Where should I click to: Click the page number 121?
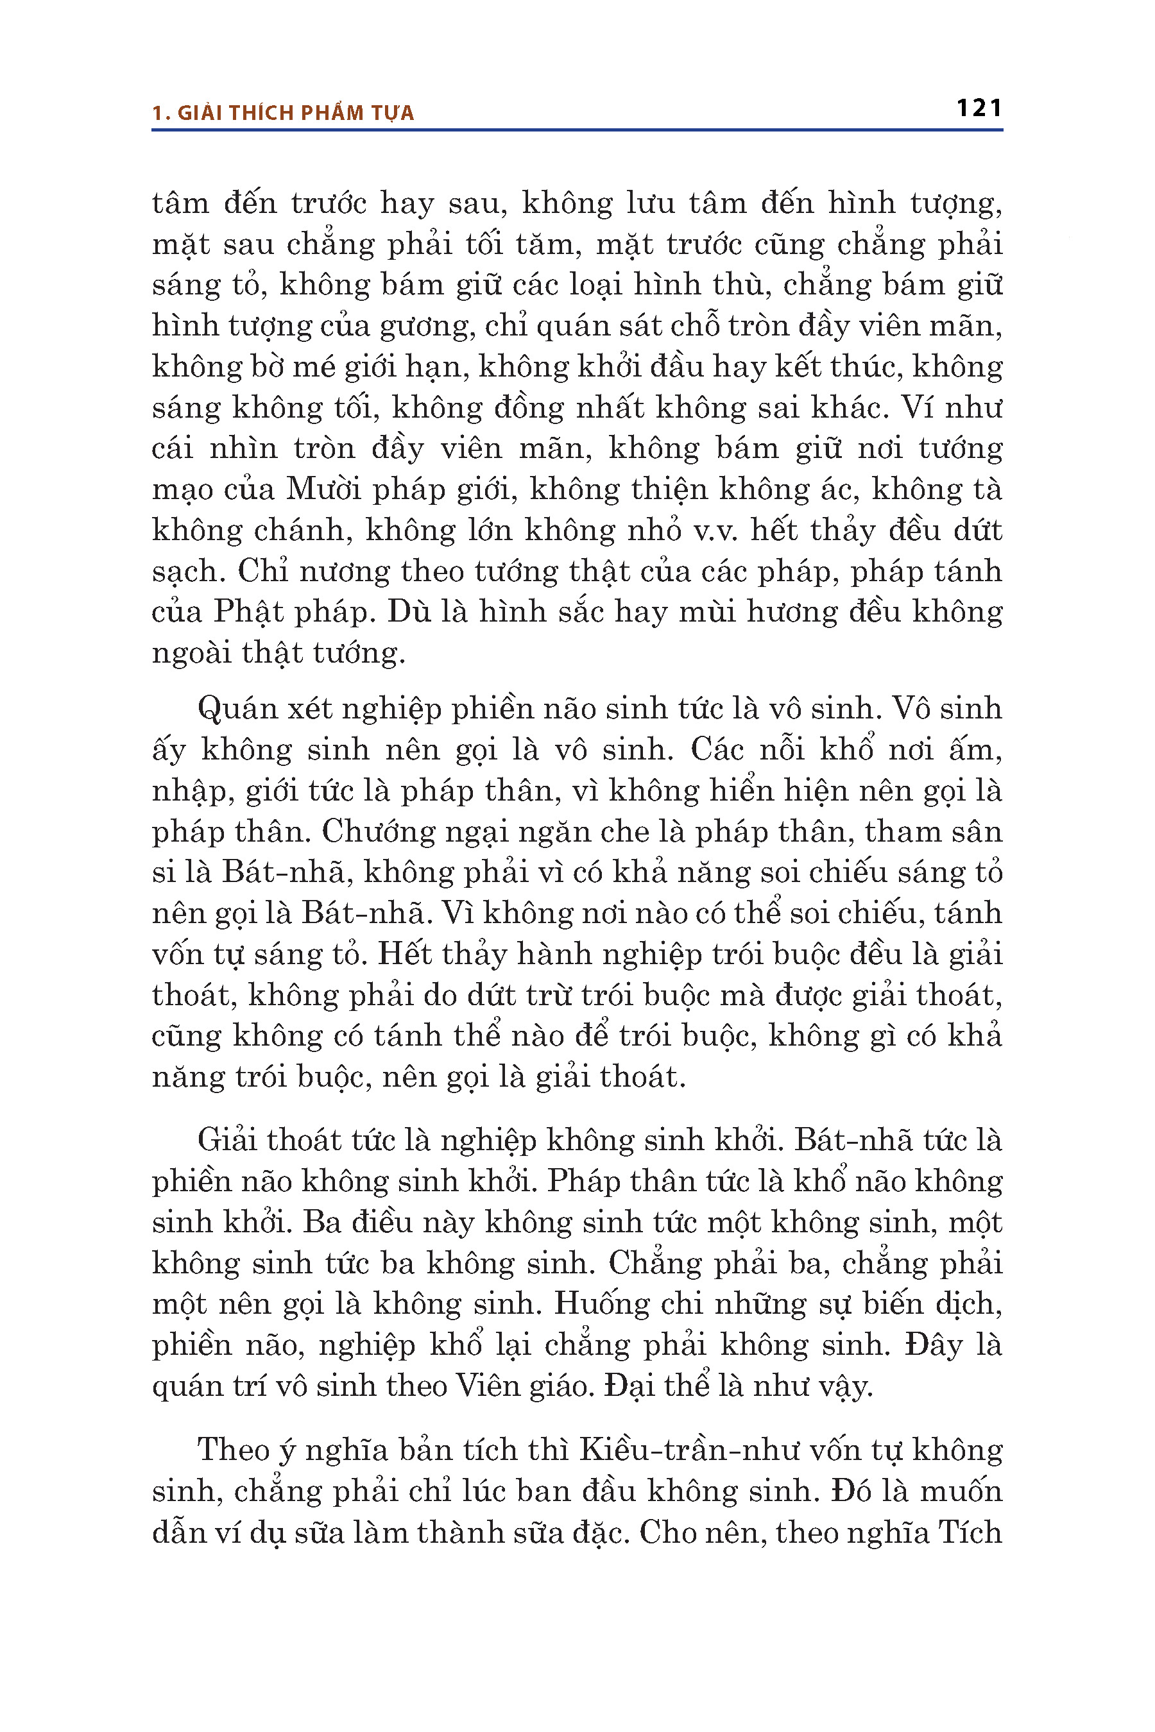(x=979, y=108)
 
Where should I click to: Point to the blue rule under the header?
(x=577, y=130)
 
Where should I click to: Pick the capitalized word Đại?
(x=630, y=1387)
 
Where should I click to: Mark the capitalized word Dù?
(x=409, y=612)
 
